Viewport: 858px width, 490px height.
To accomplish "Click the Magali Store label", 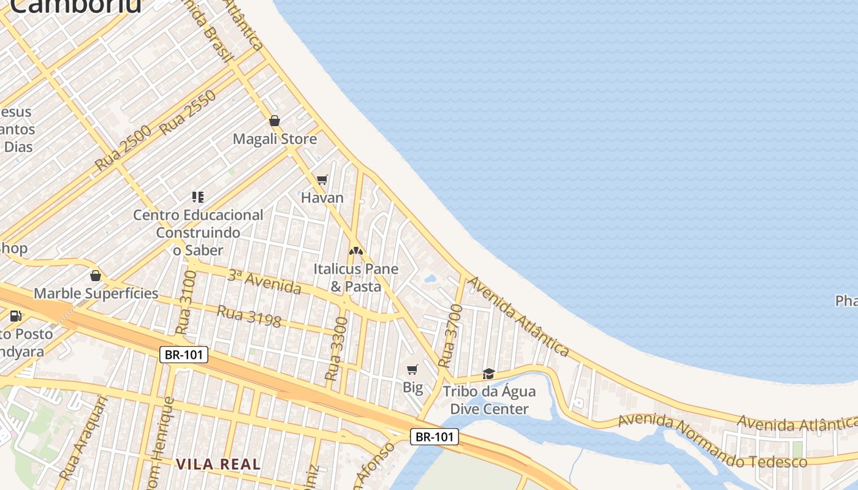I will click(x=275, y=139).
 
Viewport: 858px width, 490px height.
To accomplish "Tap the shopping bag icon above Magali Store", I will click(x=275, y=121).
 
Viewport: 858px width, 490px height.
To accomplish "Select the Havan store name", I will click(x=322, y=198).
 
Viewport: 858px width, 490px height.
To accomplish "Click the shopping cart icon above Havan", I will click(x=322, y=180).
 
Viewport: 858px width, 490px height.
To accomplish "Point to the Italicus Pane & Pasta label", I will click(x=355, y=277).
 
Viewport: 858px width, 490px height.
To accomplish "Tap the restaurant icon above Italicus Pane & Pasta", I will click(x=355, y=251).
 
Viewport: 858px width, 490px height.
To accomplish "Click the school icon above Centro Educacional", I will click(x=197, y=197).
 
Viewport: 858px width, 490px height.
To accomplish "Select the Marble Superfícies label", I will click(x=96, y=293).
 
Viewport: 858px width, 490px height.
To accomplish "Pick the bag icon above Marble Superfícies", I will click(x=95, y=276).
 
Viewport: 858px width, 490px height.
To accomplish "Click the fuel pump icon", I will click(x=16, y=316).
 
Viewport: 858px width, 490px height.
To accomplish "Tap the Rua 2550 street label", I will click(x=188, y=113).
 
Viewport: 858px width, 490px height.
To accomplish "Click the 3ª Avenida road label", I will click(x=264, y=281).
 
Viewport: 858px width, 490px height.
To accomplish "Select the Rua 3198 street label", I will click(x=249, y=316).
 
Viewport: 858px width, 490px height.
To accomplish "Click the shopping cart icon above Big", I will click(x=412, y=369).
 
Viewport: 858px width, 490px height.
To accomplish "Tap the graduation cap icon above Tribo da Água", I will click(x=488, y=374).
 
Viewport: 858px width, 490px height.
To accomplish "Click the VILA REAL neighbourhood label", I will click(x=218, y=464).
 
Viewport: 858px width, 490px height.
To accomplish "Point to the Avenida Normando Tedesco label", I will click(x=712, y=442).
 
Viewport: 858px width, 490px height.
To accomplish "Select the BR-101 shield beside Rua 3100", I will click(x=184, y=355).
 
